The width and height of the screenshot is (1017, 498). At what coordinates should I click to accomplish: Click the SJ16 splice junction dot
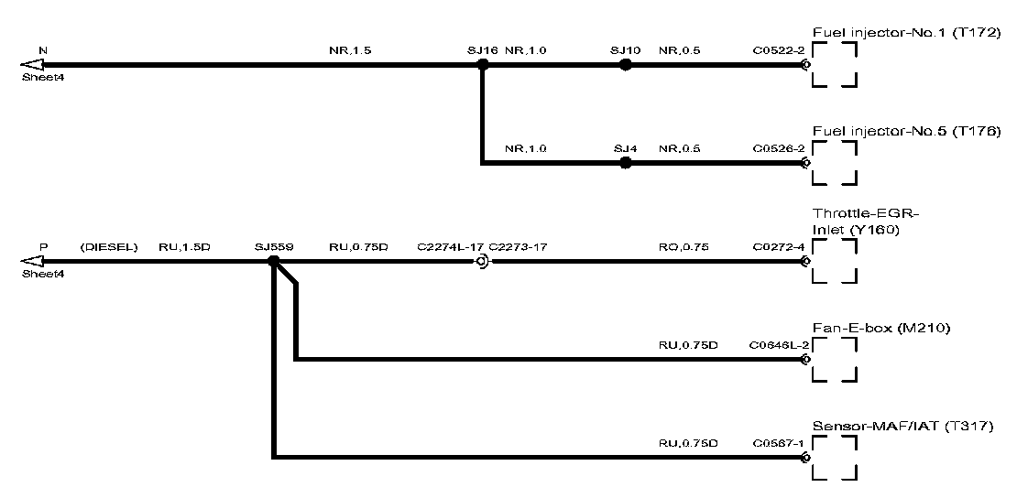click(x=483, y=65)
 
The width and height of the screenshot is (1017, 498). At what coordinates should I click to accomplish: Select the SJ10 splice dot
click(x=626, y=65)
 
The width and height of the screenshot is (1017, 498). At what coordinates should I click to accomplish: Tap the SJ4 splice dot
click(x=626, y=163)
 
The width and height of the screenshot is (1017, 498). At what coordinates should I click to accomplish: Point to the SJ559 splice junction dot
click(x=273, y=261)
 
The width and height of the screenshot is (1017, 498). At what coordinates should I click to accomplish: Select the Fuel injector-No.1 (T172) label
click(x=906, y=33)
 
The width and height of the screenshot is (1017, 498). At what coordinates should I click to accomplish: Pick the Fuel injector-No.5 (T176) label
click(x=906, y=131)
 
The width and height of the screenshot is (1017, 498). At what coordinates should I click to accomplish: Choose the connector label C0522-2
click(x=779, y=50)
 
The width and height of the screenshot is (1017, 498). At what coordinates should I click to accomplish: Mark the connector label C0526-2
click(x=779, y=148)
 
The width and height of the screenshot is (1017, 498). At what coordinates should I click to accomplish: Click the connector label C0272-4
click(x=779, y=246)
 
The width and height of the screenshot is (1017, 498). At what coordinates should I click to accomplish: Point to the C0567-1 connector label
click(x=779, y=443)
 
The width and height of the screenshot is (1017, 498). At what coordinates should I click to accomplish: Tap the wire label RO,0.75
click(x=683, y=246)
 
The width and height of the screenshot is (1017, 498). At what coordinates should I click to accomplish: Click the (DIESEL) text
click(x=108, y=246)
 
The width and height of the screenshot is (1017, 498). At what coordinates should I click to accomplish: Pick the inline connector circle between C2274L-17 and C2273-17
click(x=481, y=262)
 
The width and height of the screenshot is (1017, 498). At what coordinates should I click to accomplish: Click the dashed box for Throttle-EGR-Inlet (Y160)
click(x=835, y=261)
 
